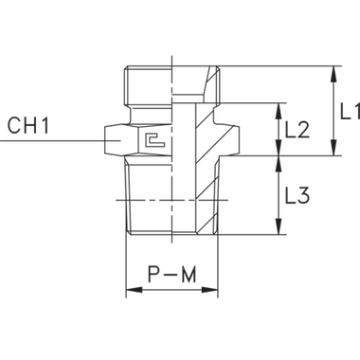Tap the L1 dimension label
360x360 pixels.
348,111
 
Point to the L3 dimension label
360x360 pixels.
299,197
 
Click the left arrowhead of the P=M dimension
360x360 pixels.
133,291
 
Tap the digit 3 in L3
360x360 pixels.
306,197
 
